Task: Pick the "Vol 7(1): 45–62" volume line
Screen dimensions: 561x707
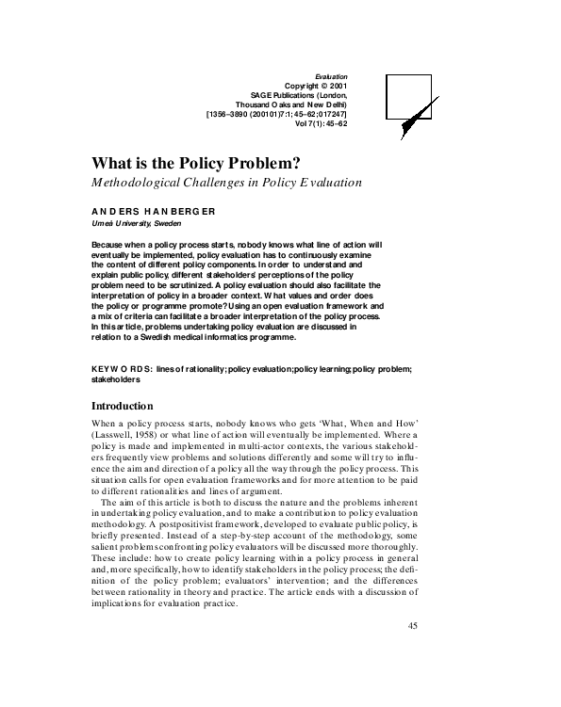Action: (x=321, y=123)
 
